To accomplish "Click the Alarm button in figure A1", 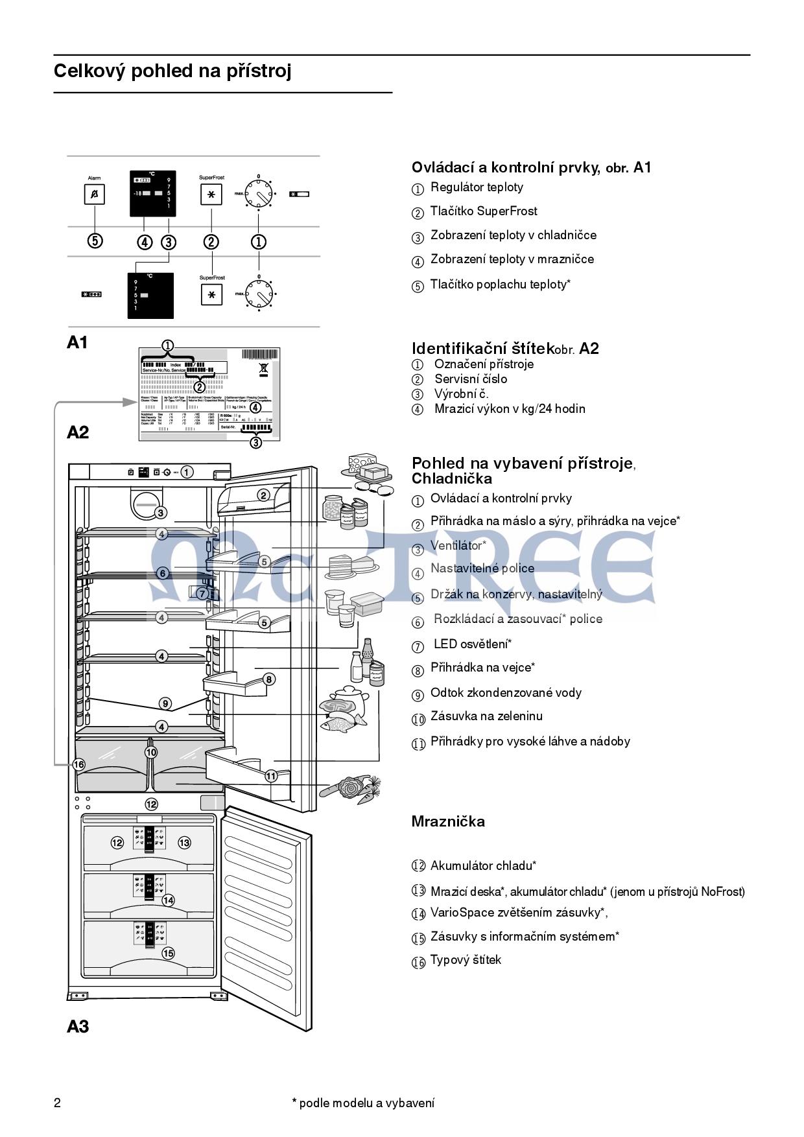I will click(95, 194).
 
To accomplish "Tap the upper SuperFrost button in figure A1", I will click(211, 194).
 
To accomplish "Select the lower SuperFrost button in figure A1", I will click(211, 295).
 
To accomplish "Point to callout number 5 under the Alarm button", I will click(95, 241).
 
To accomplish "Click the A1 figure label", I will click(77, 342).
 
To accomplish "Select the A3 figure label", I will click(77, 1026).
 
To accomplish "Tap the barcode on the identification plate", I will click(259, 355).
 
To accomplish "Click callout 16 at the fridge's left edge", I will click(78, 765).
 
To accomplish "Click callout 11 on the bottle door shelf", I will click(270, 775).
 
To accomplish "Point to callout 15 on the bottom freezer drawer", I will click(168, 953).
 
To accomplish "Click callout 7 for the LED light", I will click(202, 593).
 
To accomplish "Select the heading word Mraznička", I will click(448, 822).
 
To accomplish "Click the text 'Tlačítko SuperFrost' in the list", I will click(484, 211).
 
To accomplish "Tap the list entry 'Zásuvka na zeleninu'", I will click(486, 716).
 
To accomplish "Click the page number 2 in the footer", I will click(57, 1103).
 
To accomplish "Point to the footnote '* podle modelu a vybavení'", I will click(363, 1103).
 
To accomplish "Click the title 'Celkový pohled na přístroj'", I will click(172, 71).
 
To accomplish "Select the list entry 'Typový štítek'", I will click(466, 960).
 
